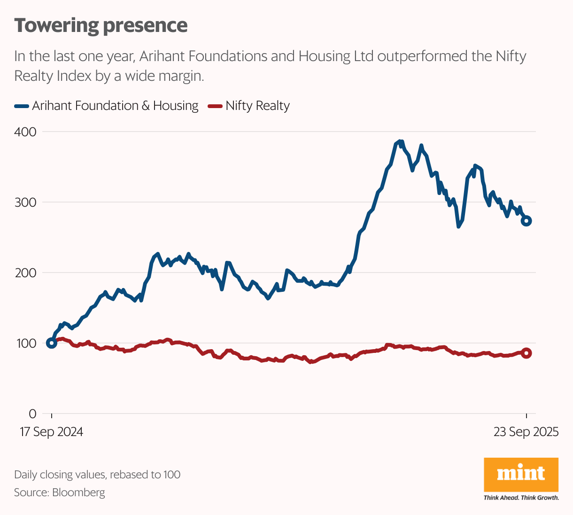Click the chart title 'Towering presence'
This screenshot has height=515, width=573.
[101, 25]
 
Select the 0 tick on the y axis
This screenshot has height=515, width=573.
[32, 414]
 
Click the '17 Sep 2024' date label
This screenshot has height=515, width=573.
[51, 432]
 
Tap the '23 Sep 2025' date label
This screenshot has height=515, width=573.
[526, 432]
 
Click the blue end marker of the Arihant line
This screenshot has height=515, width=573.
[527, 221]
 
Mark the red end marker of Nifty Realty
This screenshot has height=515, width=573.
[527, 353]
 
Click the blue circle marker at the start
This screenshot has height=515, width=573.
[52, 343]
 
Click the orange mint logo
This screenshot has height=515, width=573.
[521, 474]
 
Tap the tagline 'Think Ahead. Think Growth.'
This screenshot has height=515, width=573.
[521, 498]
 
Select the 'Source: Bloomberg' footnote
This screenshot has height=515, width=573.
[60, 492]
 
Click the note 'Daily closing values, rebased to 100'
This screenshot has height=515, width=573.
[97, 475]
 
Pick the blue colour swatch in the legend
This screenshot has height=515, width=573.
[21, 106]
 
